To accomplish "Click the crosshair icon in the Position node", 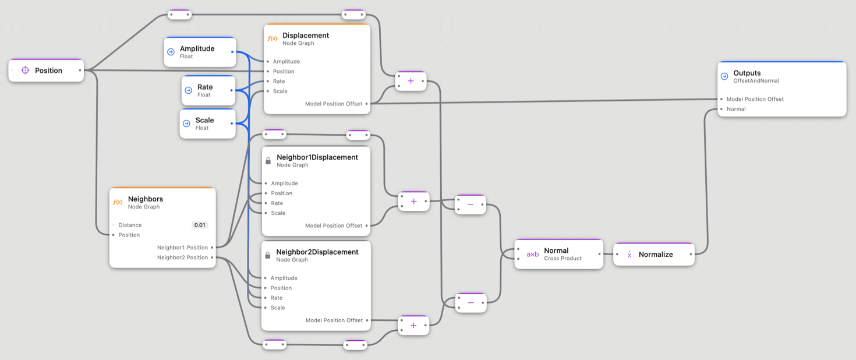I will pyautogui.click(x=25, y=70).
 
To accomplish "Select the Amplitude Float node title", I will pyautogui.click(x=197, y=49).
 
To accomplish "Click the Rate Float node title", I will pyautogui.click(x=205, y=87).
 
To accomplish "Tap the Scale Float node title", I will pyautogui.click(x=204, y=121).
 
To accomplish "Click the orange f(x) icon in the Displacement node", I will pyautogui.click(x=272, y=39).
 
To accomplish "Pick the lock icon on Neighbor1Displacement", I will pyautogui.click(x=268, y=161).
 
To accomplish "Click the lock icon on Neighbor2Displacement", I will pyautogui.click(x=267, y=255).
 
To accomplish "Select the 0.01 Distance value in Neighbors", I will pyautogui.click(x=200, y=225).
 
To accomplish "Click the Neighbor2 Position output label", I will pyautogui.click(x=182, y=257).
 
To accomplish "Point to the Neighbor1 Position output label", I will pyautogui.click(x=182, y=248).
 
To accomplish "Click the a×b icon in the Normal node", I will pyautogui.click(x=532, y=255).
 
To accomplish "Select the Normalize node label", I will pyautogui.click(x=655, y=255).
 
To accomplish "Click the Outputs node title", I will pyautogui.click(x=747, y=73).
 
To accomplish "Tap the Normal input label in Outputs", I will pyautogui.click(x=735, y=109).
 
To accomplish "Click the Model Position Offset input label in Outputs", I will pyautogui.click(x=755, y=99).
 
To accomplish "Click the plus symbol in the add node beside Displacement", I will pyautogui.click(x=411, y=81).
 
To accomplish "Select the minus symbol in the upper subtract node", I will pyautogui.click(x=471, y=204).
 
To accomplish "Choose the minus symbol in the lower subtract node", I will pyautogui.click(x=471, y=303).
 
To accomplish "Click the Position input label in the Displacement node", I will pyautogui.click(x=283, y=72).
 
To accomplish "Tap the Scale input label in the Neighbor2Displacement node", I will pyautogui.click(x=277, y=308).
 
